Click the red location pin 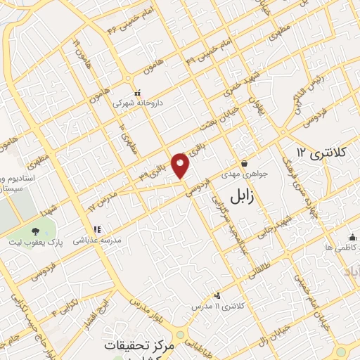click(181, 166)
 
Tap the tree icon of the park click(36, 231)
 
